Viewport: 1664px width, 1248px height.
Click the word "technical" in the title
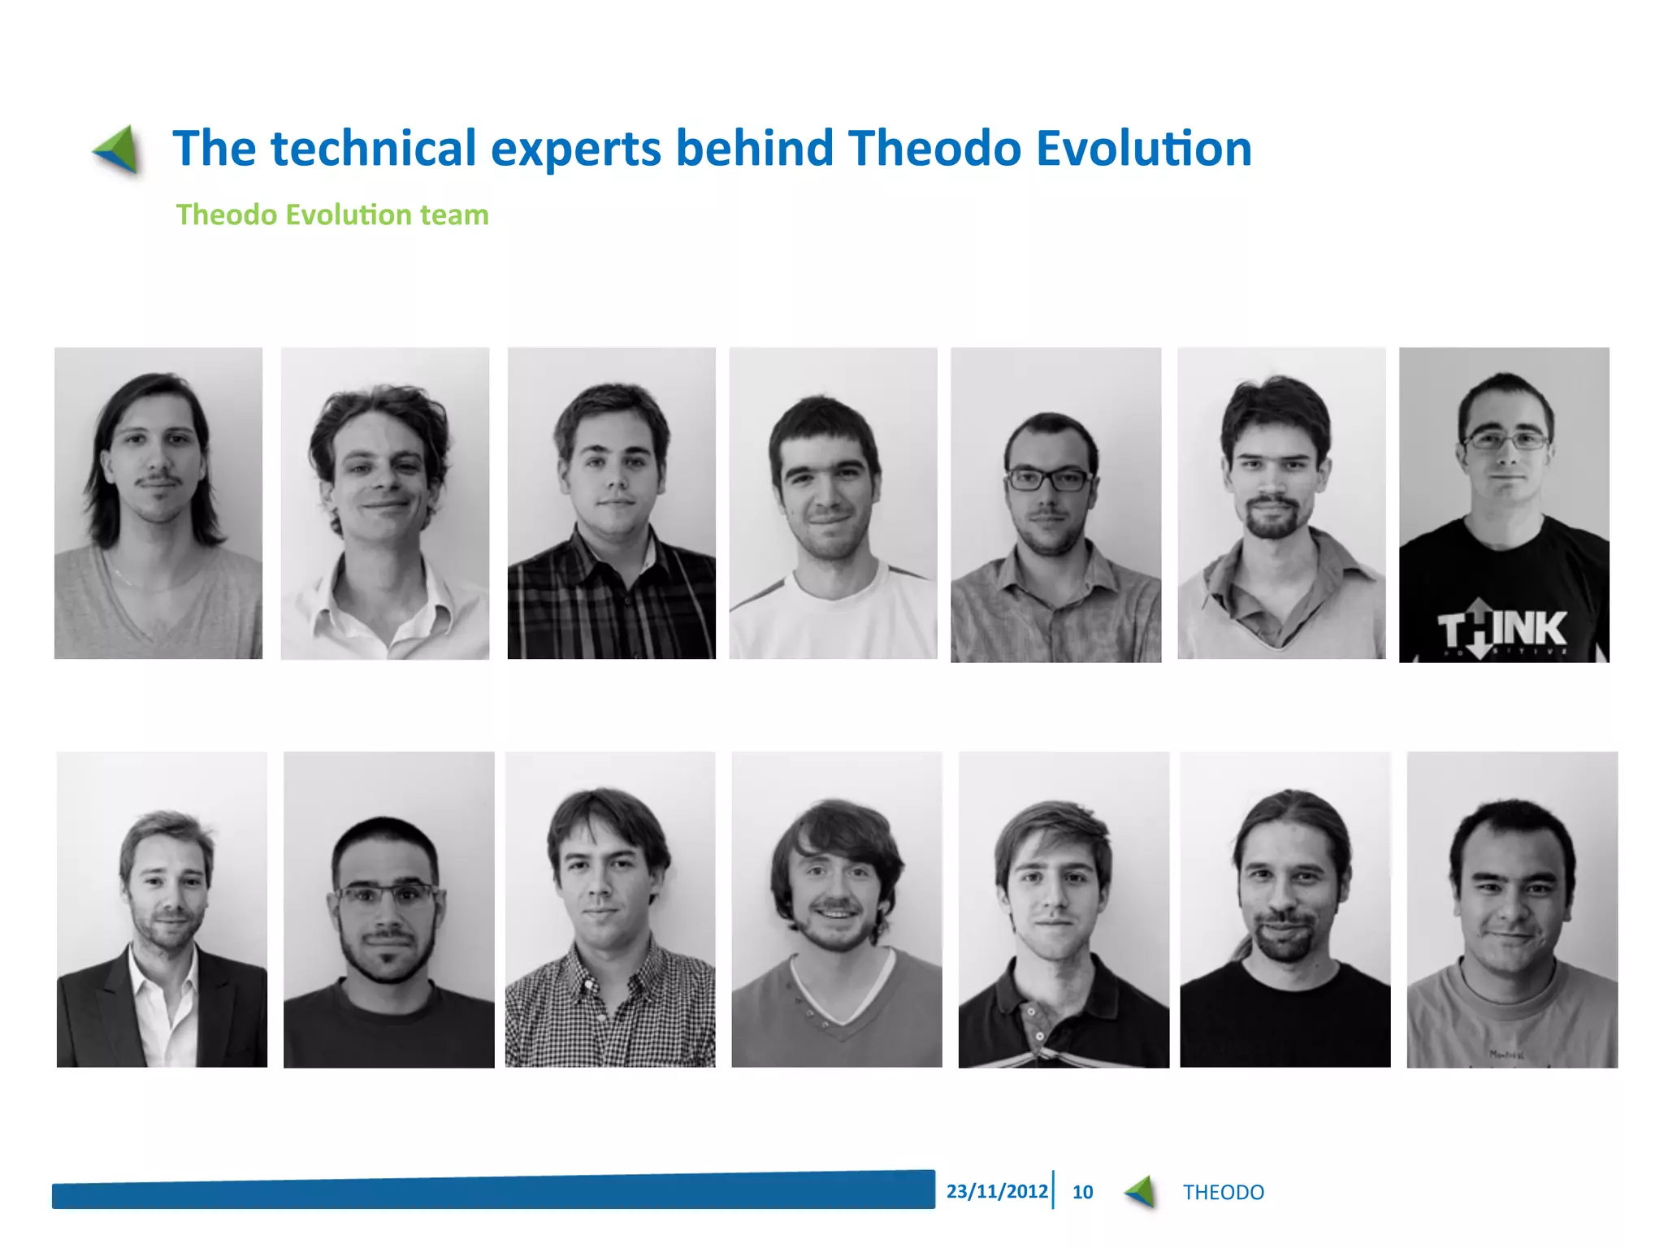pos(374,149)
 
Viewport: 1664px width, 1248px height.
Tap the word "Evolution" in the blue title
pos(1144,149)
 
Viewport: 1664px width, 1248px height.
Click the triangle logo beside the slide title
pos(118,149)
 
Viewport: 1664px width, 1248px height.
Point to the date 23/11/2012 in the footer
pos(997,1191)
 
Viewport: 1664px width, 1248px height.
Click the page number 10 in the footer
pos(1082,1192)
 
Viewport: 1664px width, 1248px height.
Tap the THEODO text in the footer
pos(1223,1192)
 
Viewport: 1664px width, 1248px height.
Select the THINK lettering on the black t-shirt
pos(1502,629)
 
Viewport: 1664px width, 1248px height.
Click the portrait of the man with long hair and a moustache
pos(158,503)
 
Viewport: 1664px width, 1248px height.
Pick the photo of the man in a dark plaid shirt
pos(611,503)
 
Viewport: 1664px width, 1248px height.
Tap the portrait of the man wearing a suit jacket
pos(162,909)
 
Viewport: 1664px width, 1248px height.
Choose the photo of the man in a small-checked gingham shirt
pos(610,909)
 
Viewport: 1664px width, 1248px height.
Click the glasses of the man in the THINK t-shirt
pos(1506,441)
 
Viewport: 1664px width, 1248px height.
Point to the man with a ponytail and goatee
pos(1285,909)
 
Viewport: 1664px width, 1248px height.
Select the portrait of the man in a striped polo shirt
pos(1064,909)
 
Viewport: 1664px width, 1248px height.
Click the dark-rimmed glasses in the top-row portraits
pos(1048,479)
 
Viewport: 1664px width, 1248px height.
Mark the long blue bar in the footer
pos(493,1190)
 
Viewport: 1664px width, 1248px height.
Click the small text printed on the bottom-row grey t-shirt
pos(1506,1055)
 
